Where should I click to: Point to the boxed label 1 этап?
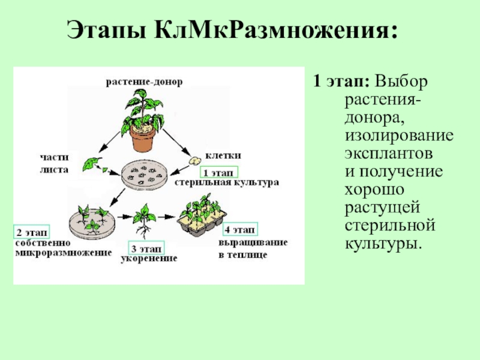coord(219,172)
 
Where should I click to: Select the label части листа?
coord(55,163)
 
